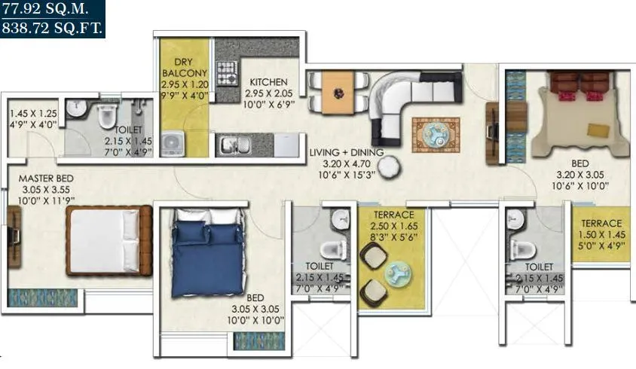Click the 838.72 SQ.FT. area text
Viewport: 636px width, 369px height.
point(52,29)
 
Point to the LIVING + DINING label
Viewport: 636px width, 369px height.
point(347,153)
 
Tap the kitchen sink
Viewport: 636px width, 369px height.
point(229,144)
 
